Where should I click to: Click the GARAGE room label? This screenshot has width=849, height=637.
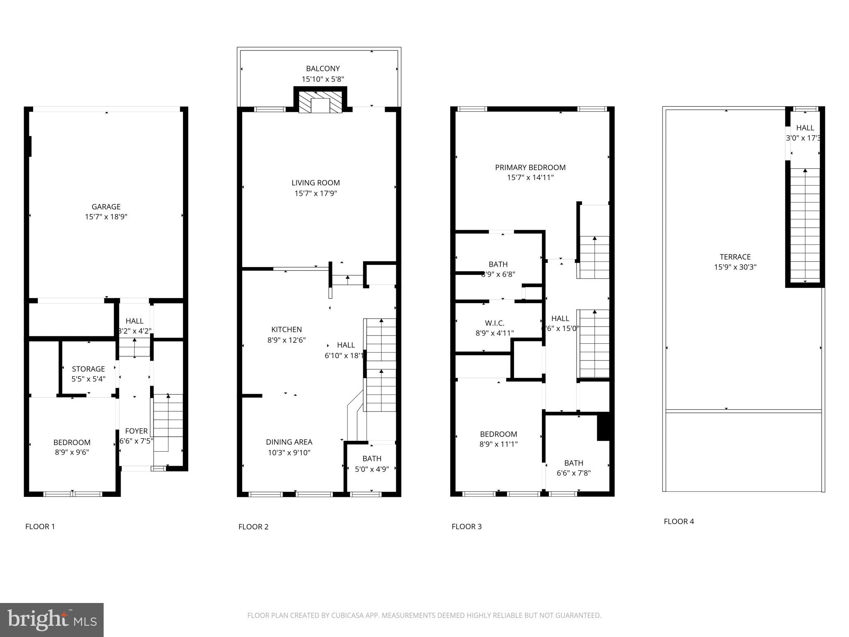click(106, 207)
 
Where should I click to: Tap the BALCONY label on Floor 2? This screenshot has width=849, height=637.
click(323, 69)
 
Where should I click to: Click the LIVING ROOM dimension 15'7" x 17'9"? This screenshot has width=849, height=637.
click(315, 193)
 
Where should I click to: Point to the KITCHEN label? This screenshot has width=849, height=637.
click(286, 330)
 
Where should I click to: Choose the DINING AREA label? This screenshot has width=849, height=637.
click(289, 442)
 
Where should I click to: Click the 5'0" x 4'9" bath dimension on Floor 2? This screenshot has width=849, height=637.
click(372, 469)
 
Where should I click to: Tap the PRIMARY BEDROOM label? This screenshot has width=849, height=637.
click(530, 168)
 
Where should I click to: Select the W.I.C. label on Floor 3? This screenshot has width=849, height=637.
click(495, 323)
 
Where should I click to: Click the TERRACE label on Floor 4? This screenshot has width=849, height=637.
click(735, 257)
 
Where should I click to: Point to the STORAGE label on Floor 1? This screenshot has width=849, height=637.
click(88, 369)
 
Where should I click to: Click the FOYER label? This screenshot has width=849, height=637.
click(136, 431)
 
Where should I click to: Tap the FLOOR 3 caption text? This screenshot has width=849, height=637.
click(466, 527)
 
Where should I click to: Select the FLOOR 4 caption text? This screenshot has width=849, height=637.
click(679, 522)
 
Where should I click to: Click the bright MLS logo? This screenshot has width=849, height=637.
click(52, 620)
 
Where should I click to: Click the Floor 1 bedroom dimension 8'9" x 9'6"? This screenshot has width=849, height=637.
click(72, 452)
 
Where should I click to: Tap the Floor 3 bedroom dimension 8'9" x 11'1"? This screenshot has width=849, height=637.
click(498, 444)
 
